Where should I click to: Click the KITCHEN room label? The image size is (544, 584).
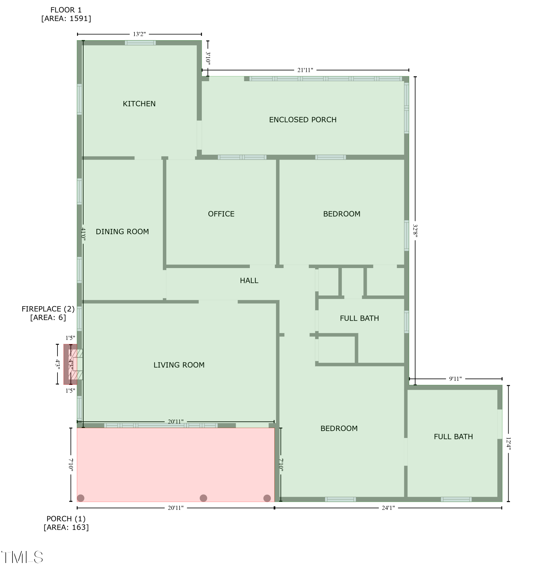click(x=139, y=104)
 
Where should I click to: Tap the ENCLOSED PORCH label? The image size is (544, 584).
click(x=303, y=119)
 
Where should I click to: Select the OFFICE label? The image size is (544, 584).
click(x=221, y=214)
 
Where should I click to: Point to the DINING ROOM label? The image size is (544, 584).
click(x=122, y=232)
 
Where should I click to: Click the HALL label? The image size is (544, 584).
click(x=249, y=281)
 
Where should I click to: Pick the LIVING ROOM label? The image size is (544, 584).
click(x=179, y=365)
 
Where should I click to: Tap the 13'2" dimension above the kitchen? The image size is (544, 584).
click(x=139, y=34)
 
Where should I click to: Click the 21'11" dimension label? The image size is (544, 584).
click(x=305, y=70)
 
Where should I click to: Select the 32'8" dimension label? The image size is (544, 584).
click(x=415, y=231)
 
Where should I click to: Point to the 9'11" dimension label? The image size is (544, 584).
click(x=455, y=379)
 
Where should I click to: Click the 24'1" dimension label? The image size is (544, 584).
click(x=388, y=508)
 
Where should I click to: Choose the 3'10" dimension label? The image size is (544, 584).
click(x=208, y=58)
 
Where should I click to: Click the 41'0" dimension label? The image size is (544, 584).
click(x=83, y=234)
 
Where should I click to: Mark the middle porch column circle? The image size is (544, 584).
click(x=203, y=498)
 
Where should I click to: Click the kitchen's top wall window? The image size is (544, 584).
click(x=140, y=43)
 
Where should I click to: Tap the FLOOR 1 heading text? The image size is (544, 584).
click(x=66, y=10)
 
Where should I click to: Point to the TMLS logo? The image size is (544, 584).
click(x=22, y=557)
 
